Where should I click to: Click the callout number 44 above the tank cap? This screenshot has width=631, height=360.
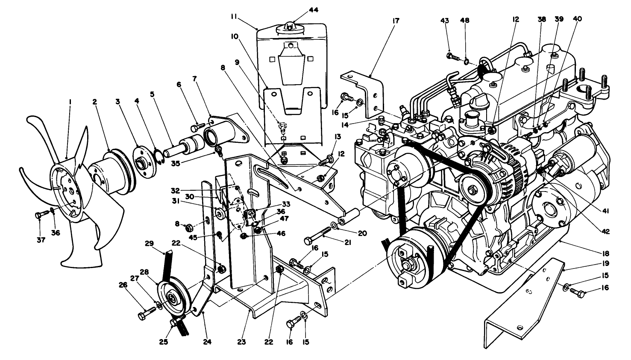314,10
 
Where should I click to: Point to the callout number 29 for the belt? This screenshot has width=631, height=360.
149,244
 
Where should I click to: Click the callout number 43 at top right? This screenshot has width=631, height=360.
445,20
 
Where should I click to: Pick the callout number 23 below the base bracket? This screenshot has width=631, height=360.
249,342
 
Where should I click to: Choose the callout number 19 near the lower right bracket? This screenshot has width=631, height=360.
606,263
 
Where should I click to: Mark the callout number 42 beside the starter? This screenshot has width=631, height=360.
606,231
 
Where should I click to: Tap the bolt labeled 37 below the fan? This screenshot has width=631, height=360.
40,215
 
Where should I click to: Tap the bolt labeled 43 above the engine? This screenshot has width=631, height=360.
453,56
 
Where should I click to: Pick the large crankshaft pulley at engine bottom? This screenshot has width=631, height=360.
408,261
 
